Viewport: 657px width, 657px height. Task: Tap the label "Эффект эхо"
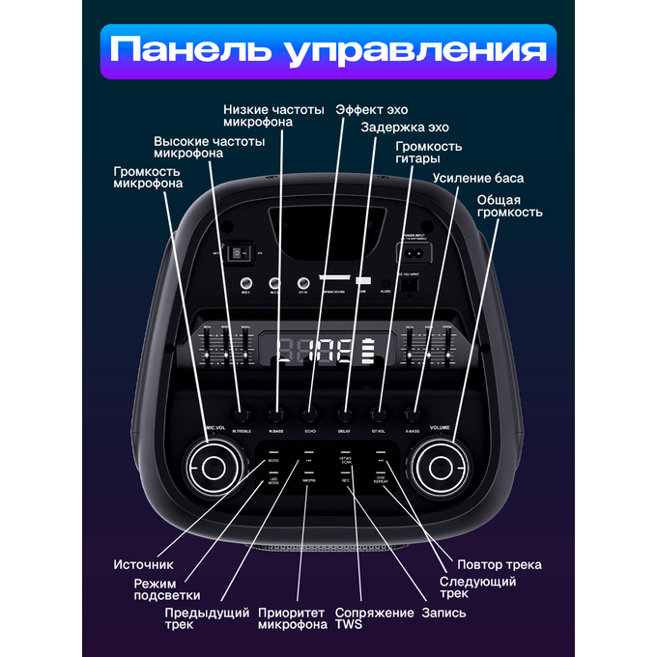(373, 109)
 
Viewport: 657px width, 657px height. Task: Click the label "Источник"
(143, 564)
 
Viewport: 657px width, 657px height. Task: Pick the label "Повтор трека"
(500, 564)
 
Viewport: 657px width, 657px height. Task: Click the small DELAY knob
(344, 413)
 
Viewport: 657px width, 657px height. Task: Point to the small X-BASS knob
(413, 413)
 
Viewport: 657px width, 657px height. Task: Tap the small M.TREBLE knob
(241, 413)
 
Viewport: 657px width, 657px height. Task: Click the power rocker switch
(237, 253)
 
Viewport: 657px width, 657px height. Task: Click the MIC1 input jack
(246, 283)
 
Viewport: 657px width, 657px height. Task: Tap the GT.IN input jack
(302, 283)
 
